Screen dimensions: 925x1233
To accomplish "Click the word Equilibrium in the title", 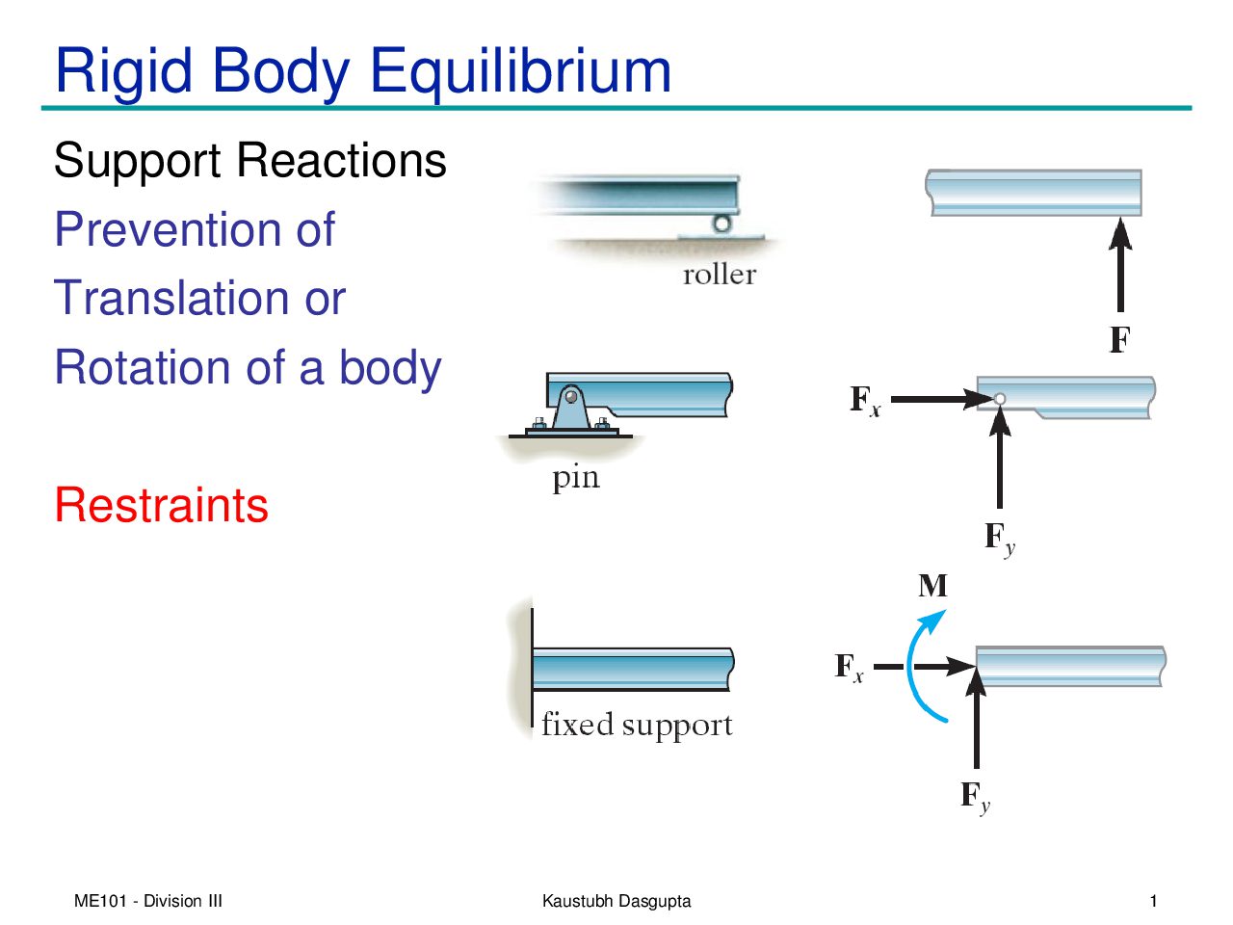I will tap(520, 72).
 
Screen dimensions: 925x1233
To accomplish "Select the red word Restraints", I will tap(161, 505).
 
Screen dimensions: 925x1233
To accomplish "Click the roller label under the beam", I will tap(719, 275).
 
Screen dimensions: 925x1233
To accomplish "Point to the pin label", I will tap(575, 477).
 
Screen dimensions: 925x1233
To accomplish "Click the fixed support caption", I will tap(637, 725).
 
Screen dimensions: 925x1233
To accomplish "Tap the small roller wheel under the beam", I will tap(721, 225).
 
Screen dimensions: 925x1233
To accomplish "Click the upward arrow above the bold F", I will tap(1119, 265).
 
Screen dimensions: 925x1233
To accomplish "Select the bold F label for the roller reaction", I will tap(1119, 340).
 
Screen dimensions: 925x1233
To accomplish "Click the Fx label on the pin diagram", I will tap(864, 400).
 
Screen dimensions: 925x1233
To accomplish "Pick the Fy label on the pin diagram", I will tap(999, 538).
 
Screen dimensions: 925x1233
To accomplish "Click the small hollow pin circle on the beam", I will tap(1000, 399).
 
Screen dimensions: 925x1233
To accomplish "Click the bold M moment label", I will tap(932, 586).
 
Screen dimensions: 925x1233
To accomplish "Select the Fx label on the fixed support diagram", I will tap(849, 667).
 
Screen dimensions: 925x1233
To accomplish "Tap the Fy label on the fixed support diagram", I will tap(975, 796).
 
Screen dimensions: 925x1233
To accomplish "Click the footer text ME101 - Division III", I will tap(148, 902).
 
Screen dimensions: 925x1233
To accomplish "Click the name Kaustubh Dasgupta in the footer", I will tap(616, 902).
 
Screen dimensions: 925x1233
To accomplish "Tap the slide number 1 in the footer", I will tap(1153, 902).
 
